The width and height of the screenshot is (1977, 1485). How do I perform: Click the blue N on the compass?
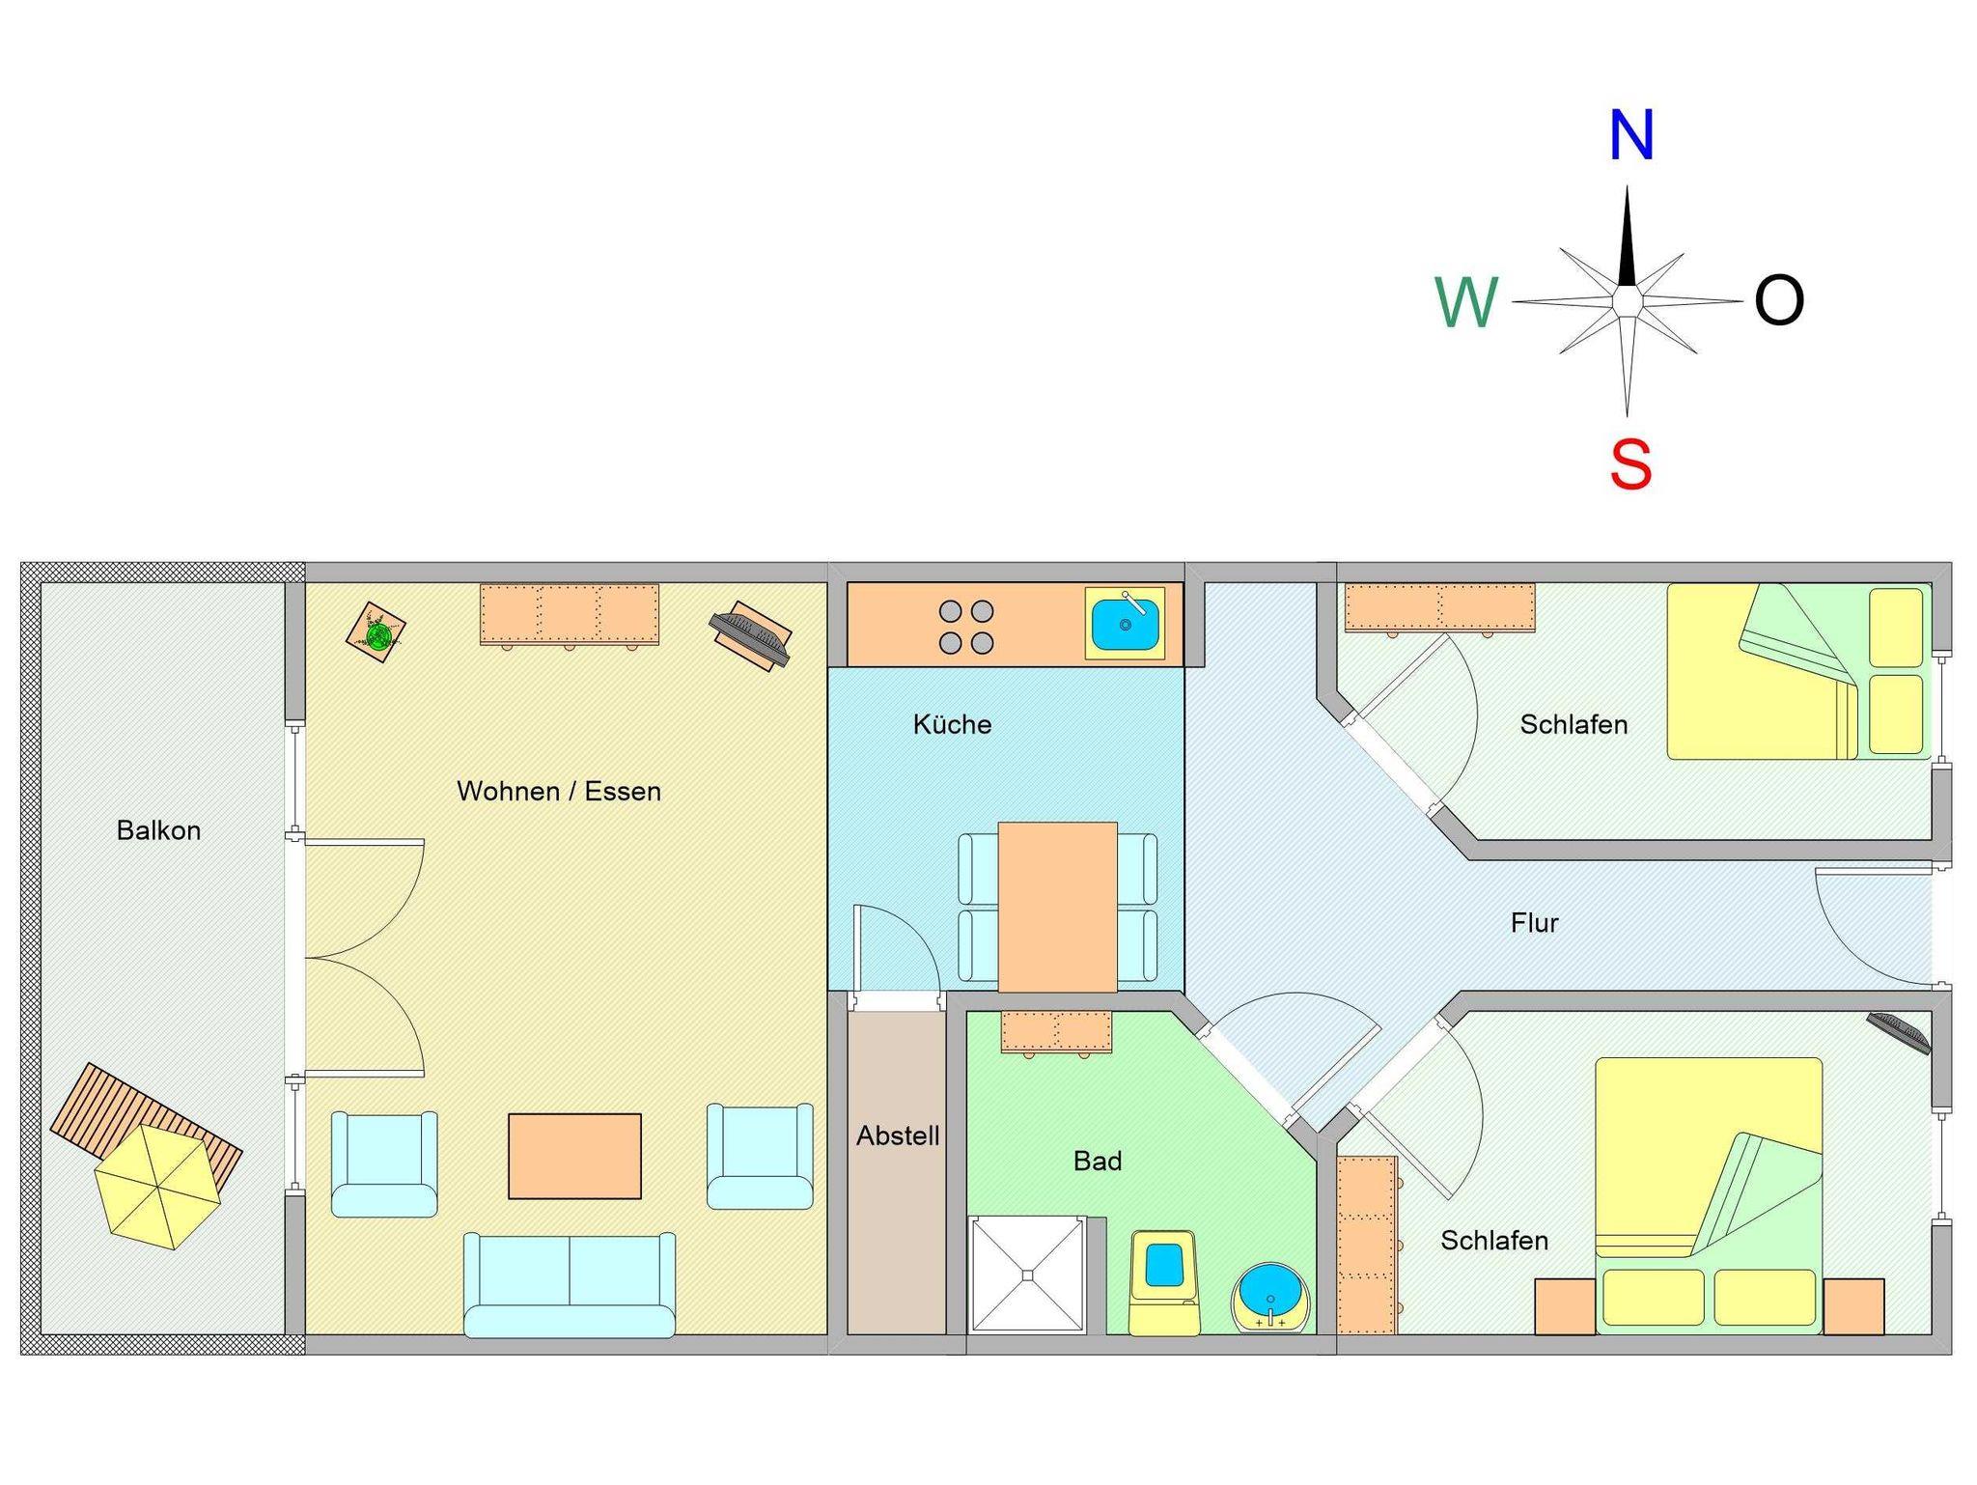click(1630, 135)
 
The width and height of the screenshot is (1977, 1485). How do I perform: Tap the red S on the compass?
click(1630, 464)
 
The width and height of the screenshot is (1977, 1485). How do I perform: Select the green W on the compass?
click(1466, 302)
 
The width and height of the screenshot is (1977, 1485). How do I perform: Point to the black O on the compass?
click(1779, 300)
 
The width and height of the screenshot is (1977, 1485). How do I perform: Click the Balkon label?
click(158, 830)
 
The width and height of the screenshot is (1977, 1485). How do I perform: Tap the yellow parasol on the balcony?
click(157, 1186)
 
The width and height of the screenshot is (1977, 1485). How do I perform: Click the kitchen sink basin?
click(1125, 623)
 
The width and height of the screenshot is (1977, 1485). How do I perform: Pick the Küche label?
click(952, 724)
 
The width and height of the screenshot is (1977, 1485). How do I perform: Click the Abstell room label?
click(898, 1135)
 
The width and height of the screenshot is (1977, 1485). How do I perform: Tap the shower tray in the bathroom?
click(1028, 1275)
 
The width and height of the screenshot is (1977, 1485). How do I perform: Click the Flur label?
click(1534, 923)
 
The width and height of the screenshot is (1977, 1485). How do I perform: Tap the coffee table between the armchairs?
click(574, 1157)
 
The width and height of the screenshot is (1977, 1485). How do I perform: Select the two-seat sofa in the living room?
click(570, 1284)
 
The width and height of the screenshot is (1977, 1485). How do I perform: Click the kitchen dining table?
click(1057, 907)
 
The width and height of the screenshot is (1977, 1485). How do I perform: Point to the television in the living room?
click(750, 636)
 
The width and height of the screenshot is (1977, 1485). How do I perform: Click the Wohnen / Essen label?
click(559, 792)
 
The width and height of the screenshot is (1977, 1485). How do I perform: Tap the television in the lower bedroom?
click(1898, 1032)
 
